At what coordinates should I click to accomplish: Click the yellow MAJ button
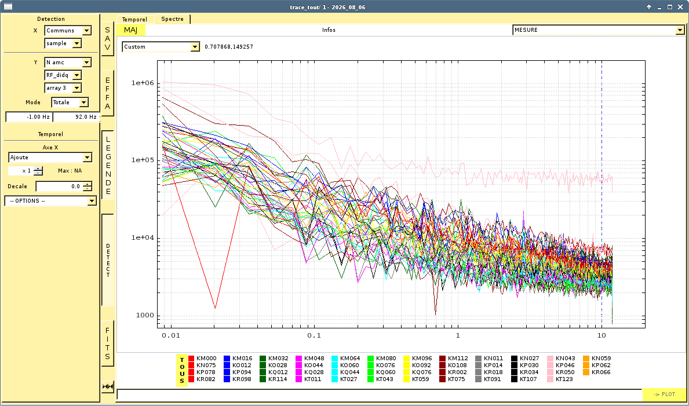point(130,30)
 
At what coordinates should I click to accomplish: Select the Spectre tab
point(172,19)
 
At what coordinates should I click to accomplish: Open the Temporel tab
point(134,19)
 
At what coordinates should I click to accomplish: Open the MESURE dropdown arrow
point(680,30)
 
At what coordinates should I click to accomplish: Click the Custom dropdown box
point(161,46)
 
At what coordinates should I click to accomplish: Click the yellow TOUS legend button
point(182,370)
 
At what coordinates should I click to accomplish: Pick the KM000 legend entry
point(202,358)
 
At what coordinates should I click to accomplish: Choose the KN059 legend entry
point(597,358)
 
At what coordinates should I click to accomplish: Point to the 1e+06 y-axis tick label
point(143,83)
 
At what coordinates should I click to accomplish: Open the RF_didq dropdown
point(63,75)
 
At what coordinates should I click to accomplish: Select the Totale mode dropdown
point(70,103)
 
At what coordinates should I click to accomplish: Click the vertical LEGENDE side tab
point(108,165)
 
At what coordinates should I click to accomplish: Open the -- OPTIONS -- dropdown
point(50,201)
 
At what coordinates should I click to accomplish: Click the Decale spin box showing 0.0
point(64,186)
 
